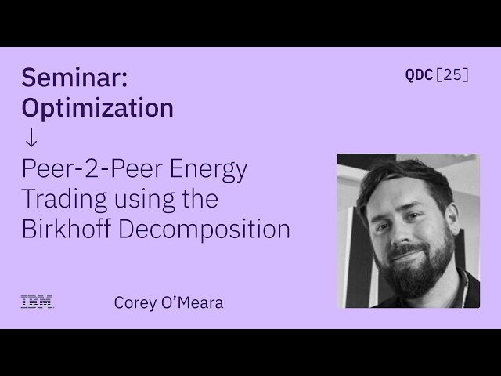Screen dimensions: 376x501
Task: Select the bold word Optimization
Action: pyautogui.click(x=98, y=108)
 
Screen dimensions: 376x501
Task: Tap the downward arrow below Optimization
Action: pyautogui.click(x=31, y=138)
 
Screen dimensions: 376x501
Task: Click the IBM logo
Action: pyautogui.click(x=37, y=302)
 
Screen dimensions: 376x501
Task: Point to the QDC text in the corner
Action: pyautogui.click(x=418, y=75)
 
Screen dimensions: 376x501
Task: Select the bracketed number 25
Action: pyautogui.click(x=452, y=75)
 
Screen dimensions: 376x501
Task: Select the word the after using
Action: pyautogui.click(x=199, y=199)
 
